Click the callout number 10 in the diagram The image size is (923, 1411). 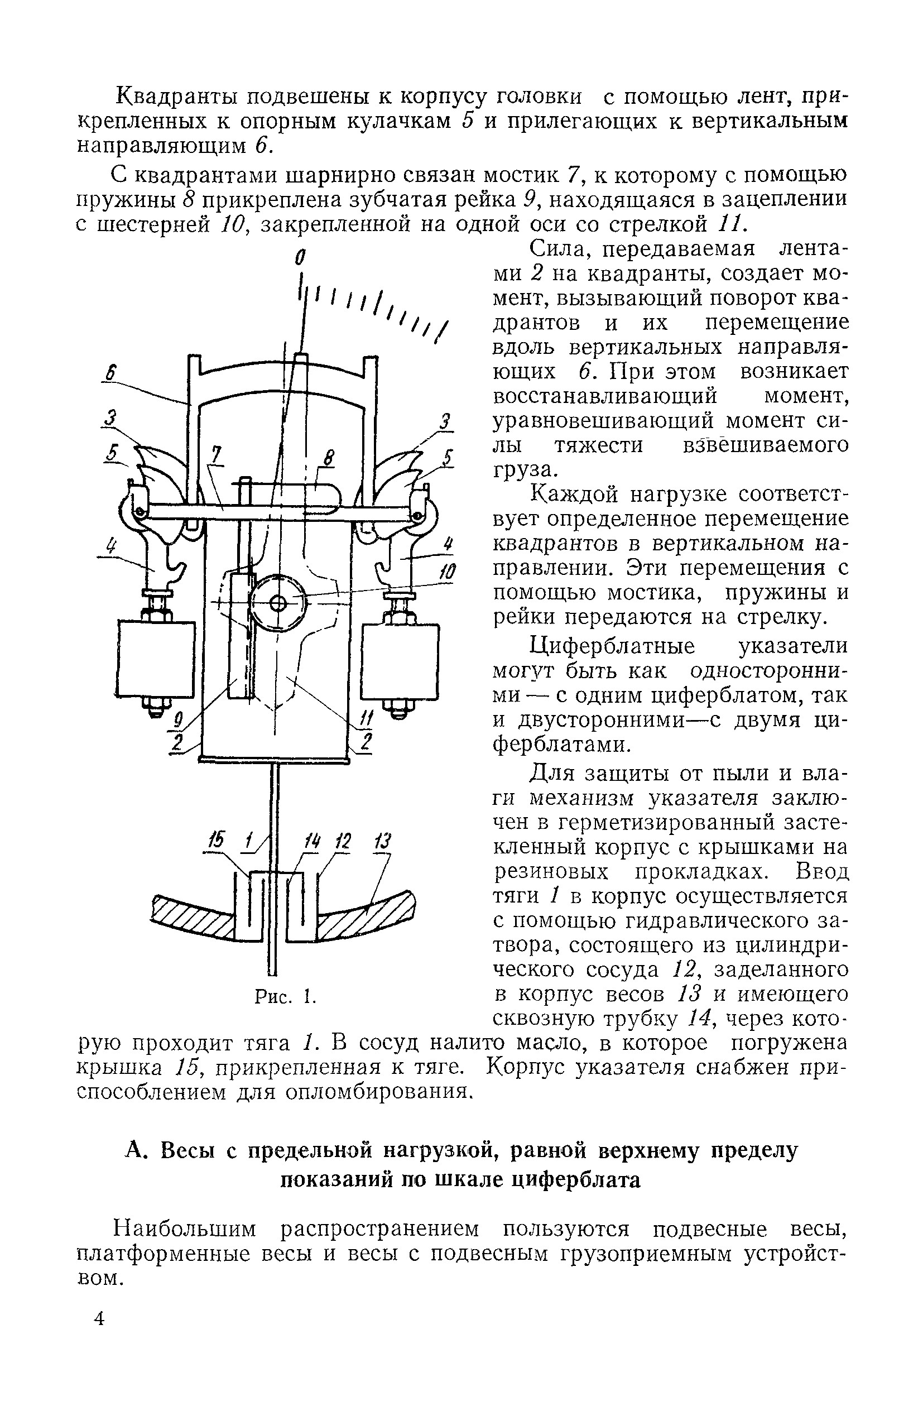coord(448,572)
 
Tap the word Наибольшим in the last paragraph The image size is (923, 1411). coord(185,1229)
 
